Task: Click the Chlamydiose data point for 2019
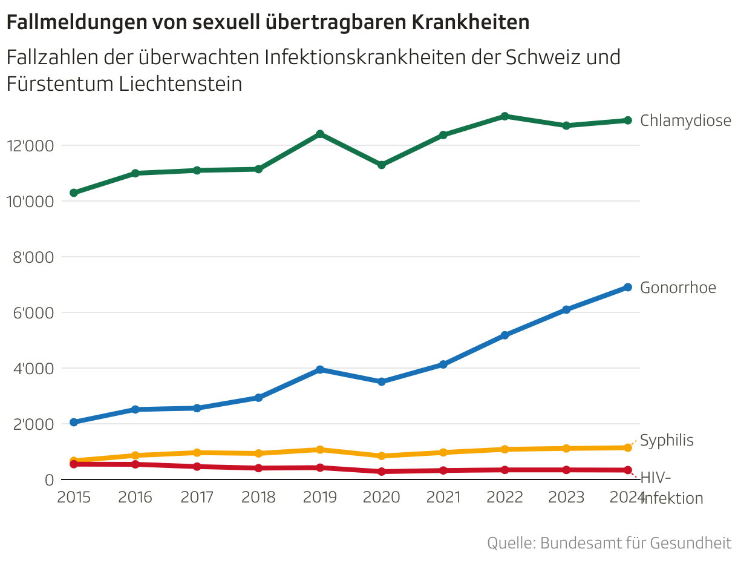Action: (x=320, y=134)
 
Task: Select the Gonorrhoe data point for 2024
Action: (x=628, y=287)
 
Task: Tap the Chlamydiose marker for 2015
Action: (x=74, y=193)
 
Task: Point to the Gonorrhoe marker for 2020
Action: (x=382, y=381)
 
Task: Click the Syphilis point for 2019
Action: (x=320, y=449)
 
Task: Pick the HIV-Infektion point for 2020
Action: (x=382, y=472)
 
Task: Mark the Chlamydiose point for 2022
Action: (x=505, y=116)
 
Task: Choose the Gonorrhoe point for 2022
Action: (x=505, y=335)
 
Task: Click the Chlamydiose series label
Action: (x=685, y=120)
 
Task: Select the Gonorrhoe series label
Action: (x=678, y=288)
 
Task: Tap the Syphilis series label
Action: (x=667, y=440)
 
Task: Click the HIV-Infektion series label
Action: (x=671, y=488)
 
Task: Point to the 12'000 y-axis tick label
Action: (x=30, y=146)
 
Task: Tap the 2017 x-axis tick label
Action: (x=197, y=498)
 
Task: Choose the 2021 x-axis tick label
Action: (x=443, y=498)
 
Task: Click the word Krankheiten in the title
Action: (x=471, y=22)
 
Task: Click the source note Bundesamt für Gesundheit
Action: (x=635, y=543)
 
